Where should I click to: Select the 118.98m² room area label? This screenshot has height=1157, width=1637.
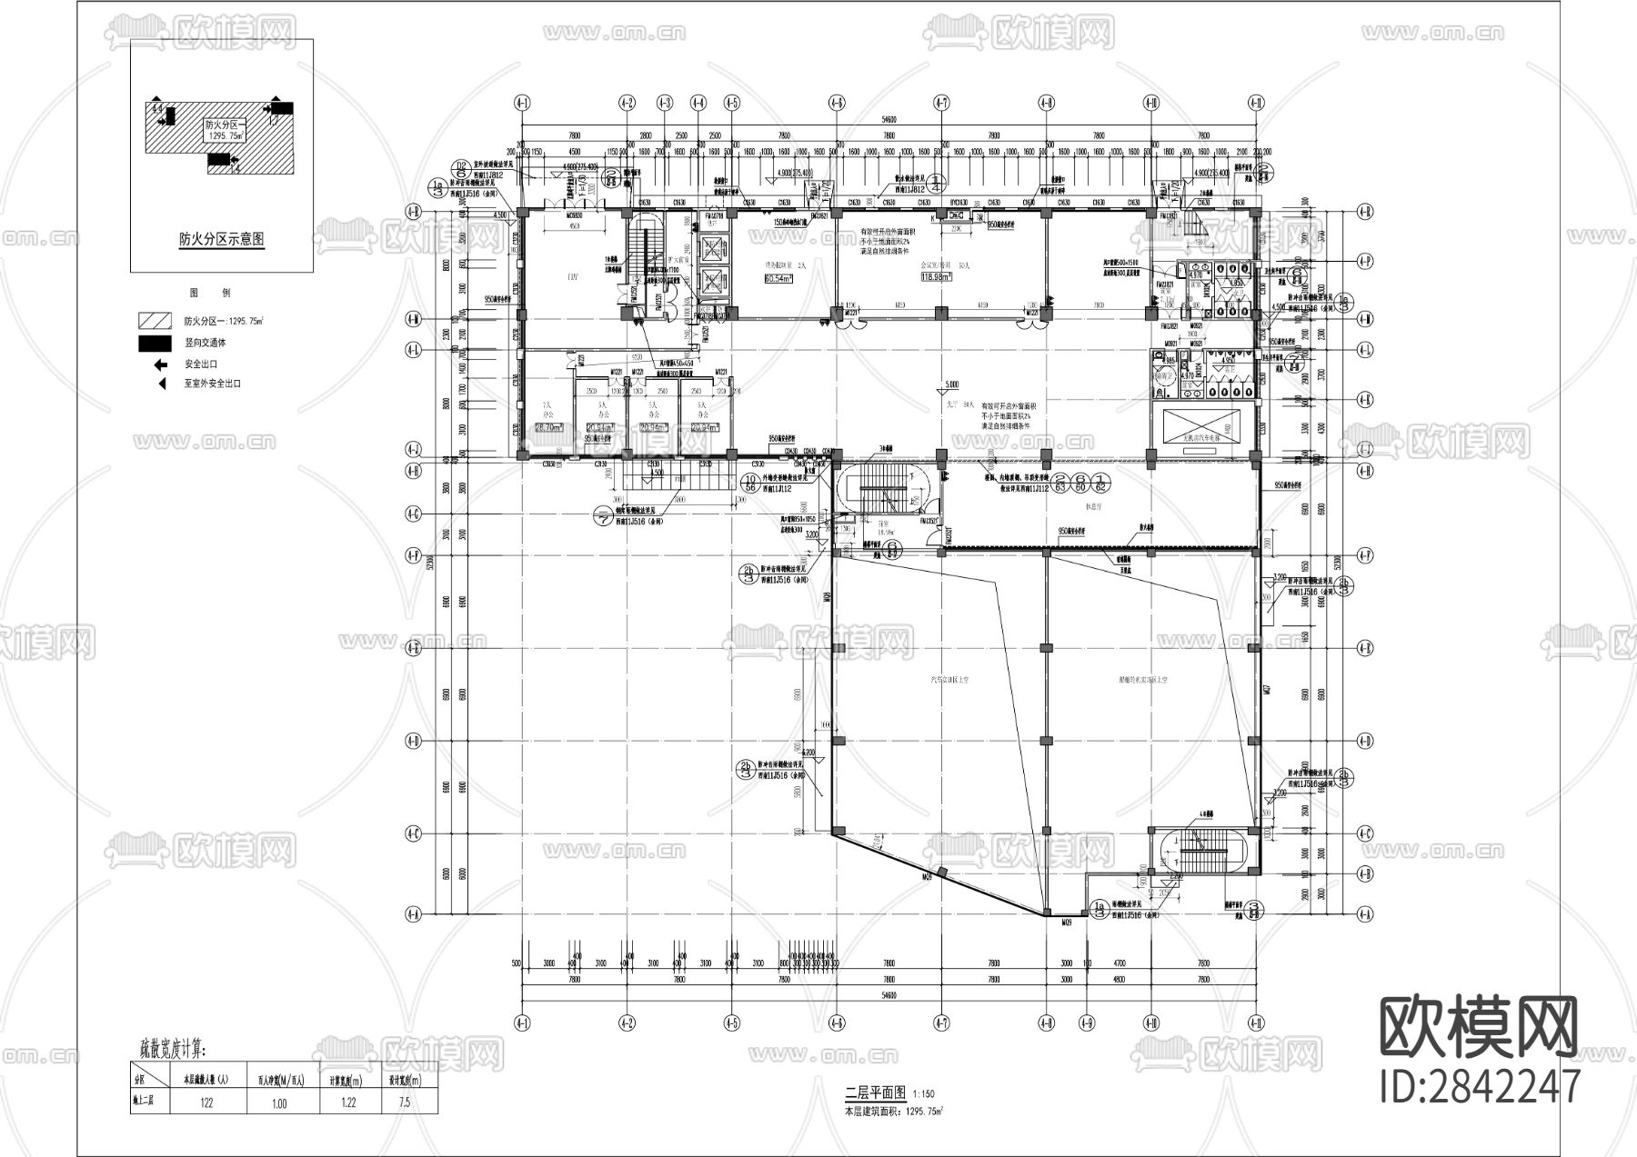point(936,278)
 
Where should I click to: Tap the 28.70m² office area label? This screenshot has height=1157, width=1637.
point(548,426)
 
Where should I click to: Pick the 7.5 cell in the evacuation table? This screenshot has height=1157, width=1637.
point(404,1102)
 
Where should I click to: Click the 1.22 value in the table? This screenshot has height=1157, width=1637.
point(347,1102)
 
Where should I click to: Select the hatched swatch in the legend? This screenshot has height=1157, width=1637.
point(155,321)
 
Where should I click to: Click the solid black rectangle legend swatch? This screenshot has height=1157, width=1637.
point(155,344)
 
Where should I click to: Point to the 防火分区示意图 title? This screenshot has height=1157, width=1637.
point(222,240)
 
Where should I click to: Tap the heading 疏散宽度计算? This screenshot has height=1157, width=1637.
point(173,1050)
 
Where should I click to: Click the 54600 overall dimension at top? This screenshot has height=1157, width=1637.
point(888,119)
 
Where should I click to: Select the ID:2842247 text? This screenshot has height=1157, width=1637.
point(1480,1087)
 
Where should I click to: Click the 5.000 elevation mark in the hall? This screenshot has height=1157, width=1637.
point(952,384)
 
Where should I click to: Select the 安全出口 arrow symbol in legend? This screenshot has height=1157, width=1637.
point(160,364)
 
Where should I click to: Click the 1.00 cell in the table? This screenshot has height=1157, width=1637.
point(279,1102)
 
